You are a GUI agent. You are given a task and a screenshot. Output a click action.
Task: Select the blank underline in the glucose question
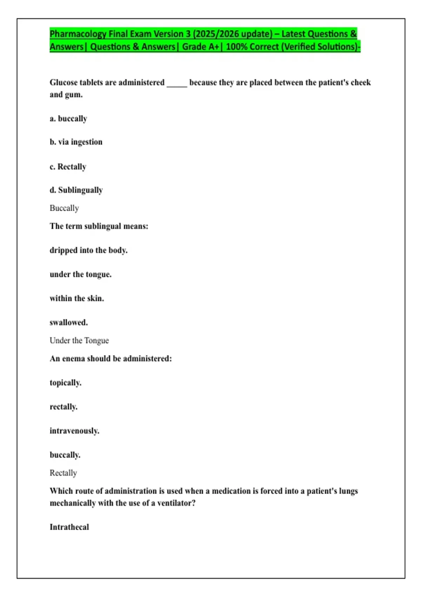click(177, 84)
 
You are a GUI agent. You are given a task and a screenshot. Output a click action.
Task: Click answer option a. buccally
click(68, 119)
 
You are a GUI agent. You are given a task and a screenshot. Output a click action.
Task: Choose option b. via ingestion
click(76, 142)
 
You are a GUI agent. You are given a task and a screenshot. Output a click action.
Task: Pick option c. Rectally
click(68, 167)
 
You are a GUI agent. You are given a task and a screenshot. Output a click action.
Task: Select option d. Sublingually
click(76, 190)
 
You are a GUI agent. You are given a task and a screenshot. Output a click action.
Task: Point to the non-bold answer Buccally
click(64, 208)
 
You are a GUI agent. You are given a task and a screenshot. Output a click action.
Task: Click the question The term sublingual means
click(99, 226)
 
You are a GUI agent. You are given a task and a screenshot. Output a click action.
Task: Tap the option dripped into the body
click(88, 250)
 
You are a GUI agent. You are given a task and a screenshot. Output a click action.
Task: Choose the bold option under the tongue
click(81, 274)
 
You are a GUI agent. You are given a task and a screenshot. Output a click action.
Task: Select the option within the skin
click(77, 298)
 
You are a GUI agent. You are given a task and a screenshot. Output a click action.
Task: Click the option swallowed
click(69, 323)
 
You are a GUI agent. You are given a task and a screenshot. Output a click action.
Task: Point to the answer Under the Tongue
click(79, 340)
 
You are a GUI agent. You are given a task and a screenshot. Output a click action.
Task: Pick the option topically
click(66, 383)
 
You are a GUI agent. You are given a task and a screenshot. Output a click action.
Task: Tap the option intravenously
click(74, 431)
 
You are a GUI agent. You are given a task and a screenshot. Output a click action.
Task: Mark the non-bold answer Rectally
click(63, 473)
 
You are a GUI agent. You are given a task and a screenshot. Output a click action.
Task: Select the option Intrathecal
click(69, 527)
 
